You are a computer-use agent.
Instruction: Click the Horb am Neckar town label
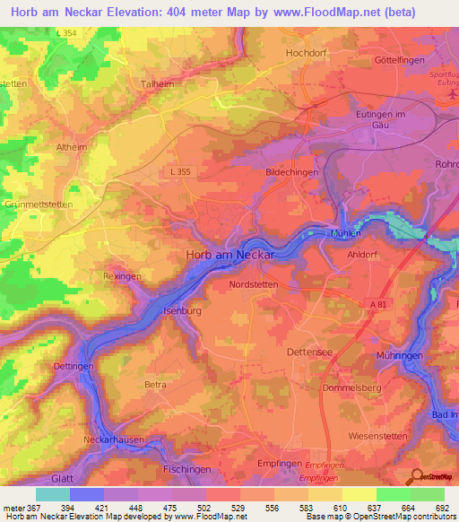240,254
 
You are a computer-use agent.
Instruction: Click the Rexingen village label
123,277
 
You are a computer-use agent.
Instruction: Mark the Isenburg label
182,310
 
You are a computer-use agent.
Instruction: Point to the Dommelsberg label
351,387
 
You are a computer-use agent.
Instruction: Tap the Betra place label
155,385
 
